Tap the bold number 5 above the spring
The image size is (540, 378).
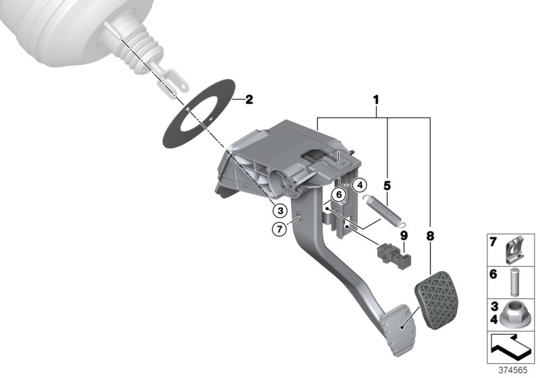[x=387, y=184]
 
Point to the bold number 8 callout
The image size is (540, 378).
[x=430, y=236]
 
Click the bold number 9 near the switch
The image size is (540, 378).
[x=404, y=236]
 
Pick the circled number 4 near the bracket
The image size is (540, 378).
[x=359, y=184]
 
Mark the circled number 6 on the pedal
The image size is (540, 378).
[x=339, y=194]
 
